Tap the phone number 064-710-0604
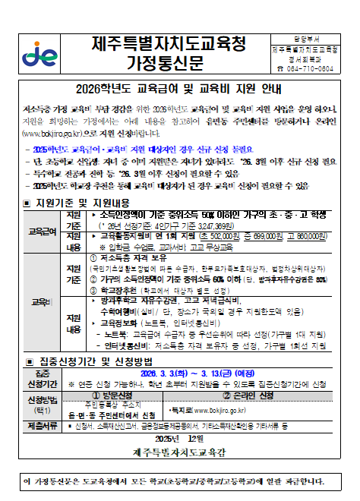pos(306,68)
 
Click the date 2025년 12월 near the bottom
pos(180,440)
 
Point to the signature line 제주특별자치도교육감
pos(180,452)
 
